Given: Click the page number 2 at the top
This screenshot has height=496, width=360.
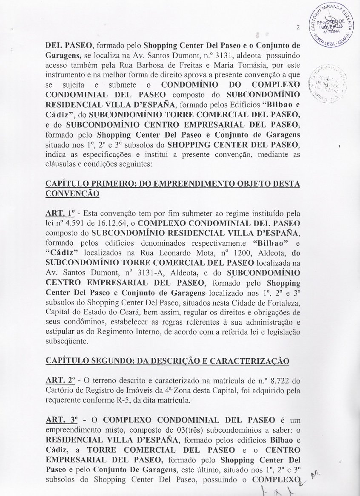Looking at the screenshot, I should point(299,28).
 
